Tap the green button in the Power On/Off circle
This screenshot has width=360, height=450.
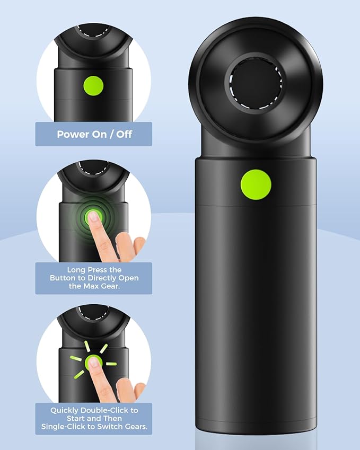click(94, 85)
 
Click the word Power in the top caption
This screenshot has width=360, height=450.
click(73, 134)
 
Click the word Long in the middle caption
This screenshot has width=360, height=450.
click(76, 269)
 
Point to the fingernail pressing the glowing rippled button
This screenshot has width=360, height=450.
click(94, 216)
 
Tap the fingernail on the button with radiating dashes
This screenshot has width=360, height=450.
click(94, 362)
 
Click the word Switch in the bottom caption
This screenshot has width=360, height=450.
click(106, 427)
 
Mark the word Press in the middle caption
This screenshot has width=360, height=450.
click(99, 269)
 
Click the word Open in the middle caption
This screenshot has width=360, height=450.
click(128, 278)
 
